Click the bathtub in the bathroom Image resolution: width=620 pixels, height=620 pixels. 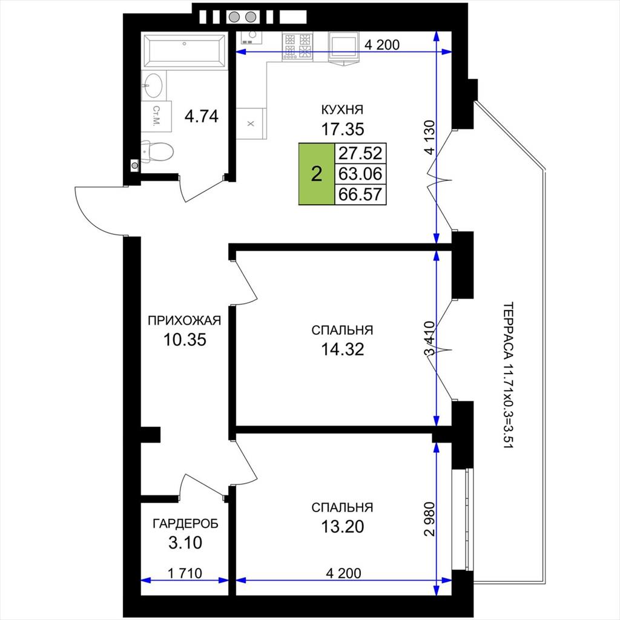click(184, 51)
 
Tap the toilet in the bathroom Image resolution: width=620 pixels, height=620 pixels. click(157, 151)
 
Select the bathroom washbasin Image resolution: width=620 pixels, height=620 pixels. click(153, 85)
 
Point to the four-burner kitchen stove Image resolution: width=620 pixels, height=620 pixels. click(297, 47)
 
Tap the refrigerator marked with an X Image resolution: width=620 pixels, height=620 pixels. click(250, 124)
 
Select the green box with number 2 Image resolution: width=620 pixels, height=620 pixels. click(316, 174)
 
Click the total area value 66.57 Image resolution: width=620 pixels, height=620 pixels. click(361, 194)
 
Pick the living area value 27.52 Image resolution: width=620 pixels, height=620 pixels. click(361, 153)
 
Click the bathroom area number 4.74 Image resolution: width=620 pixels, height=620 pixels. click(202, 116)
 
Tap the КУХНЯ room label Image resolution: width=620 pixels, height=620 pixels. click(343, 109)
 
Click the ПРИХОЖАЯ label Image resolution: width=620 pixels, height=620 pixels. click(185, 320)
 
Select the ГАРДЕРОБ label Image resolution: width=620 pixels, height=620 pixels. click(185, 524)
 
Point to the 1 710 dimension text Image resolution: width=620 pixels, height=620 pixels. click(185, 573)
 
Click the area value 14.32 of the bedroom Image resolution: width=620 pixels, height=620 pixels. click(343, 349)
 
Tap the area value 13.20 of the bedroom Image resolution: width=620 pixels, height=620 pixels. click(343, 527)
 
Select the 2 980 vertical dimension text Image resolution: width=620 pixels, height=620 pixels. click(429, 519)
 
